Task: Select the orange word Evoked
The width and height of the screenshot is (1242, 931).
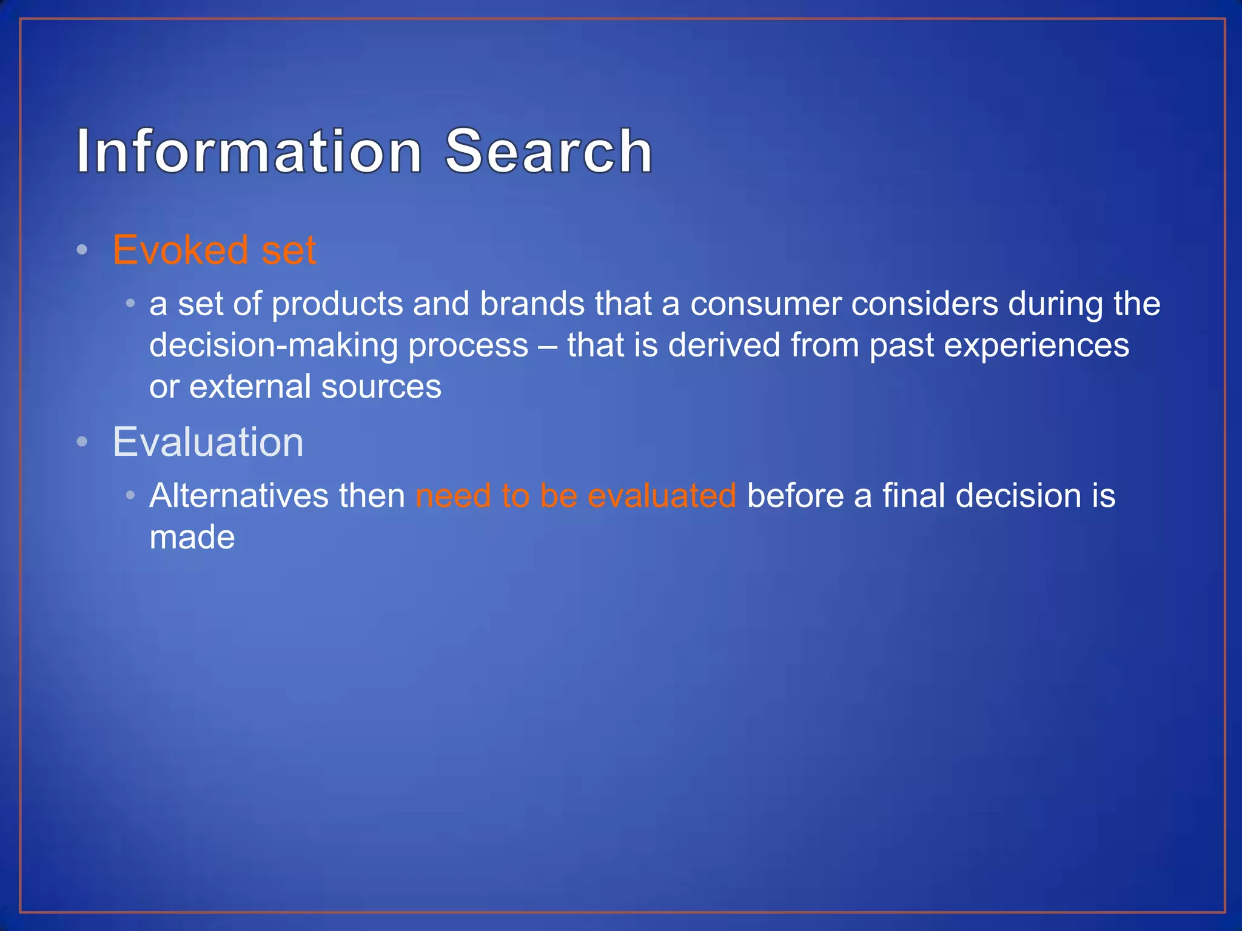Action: click(x=180, y=250)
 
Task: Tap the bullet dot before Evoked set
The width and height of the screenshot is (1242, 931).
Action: click(x=82, y=250)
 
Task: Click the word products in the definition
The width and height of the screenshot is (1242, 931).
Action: click(x=337, y=304)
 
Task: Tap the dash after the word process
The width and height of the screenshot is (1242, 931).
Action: click(x=547, y=346)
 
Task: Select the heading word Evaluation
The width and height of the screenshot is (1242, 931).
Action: click(x=208, y=442)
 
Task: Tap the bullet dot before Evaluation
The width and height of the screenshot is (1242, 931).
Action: click(x=82, y=442)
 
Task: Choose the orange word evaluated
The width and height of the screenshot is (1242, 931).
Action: click(x=662, y=495)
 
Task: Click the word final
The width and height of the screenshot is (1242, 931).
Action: click(x=914, y=495)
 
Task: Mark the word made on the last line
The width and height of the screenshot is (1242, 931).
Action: click(x=192, y=537)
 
